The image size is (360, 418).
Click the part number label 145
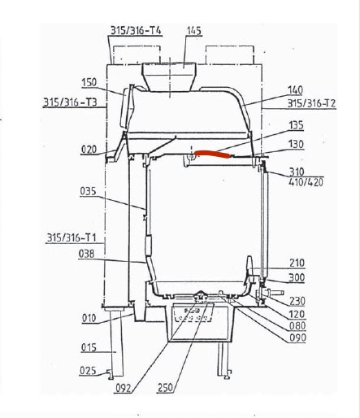point(194,31)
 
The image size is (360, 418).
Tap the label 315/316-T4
point(136,30)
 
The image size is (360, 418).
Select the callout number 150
point(89,82)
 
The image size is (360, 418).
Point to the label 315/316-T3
point(70,102)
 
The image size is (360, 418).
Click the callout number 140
point(295,90)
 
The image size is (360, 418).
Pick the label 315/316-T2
point(311,103)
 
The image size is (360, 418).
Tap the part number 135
point(296,125)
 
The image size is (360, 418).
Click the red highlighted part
point(213,154)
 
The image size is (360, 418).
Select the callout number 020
point(89,149)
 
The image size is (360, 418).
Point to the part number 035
point(88,191)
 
